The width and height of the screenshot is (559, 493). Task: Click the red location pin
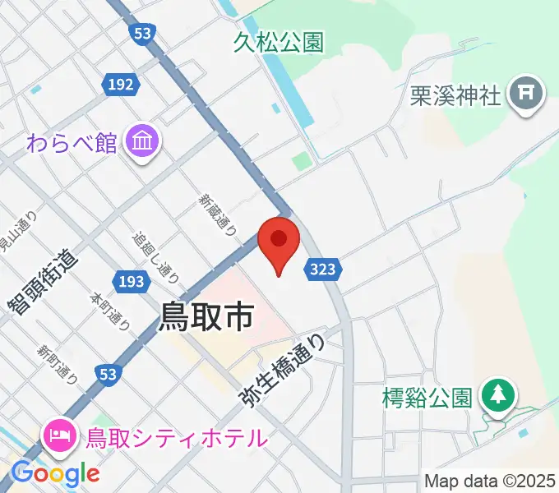click(x=278, y=241)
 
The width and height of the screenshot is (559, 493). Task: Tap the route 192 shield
click(x=119, y=84)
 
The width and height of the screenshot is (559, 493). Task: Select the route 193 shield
click(x=132, y=282)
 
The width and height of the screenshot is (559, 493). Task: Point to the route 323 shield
click(x=323, y=268)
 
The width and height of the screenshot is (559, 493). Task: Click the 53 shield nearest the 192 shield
click(x=141, y=33)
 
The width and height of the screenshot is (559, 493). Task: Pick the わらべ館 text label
click(x=72, y=142)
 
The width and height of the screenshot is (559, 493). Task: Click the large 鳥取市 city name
click(x=206, y=316)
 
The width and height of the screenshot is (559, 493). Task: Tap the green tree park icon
click(x=497, y=395)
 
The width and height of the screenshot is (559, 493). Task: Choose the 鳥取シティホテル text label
click(x=177, y=438)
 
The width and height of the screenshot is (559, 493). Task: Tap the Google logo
click(x=55, y=473)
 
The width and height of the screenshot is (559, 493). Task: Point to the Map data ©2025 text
click(x=490, y=481)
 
